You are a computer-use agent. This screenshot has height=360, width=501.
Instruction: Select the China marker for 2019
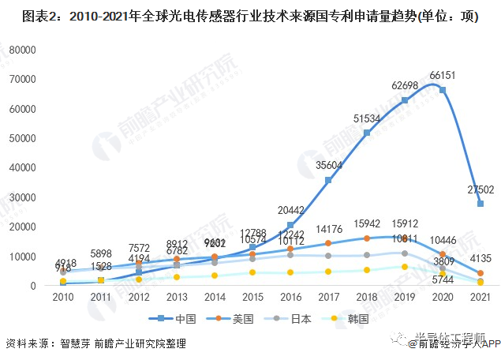[405, 100]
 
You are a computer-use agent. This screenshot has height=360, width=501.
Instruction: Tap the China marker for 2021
[480, 204]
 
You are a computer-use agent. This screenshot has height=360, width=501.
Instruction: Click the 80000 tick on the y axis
[24, 49]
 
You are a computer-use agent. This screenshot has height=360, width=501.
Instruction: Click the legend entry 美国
[240, 319]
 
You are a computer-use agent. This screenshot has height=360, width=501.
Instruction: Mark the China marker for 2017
[328, 180]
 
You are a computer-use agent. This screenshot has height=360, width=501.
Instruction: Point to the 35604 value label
[327, 165]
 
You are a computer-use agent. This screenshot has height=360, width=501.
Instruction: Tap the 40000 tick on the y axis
[24, 167]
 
